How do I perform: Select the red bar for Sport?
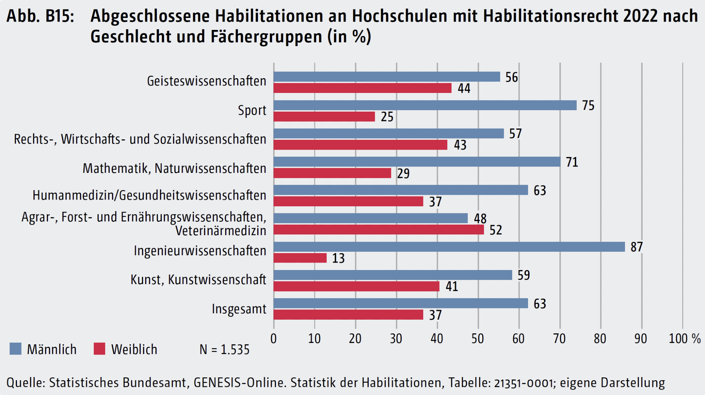tap(324, 117)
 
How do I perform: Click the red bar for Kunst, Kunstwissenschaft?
tap(356, 286)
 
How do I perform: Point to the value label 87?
tap(637, 247)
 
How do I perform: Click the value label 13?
tap(338, 258)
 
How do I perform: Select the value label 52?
tap(496, 230)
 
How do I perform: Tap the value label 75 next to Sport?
tap(588, 105)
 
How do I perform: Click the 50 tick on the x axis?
tap(478, 339)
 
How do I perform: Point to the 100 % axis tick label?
tap(685, 339)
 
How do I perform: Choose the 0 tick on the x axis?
tap(274, 339)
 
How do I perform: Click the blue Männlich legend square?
tap(16, 349)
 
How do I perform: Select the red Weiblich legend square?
tap(99, 349)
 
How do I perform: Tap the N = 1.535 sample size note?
tap(224, 350)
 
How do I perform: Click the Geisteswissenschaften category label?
tap(207, 81)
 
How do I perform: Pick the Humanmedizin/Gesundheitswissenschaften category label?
tap(149, 195)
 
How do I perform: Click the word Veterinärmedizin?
tap(221, 231)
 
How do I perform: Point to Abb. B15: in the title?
tap(40, 16)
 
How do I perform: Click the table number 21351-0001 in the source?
tap(523, 383)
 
